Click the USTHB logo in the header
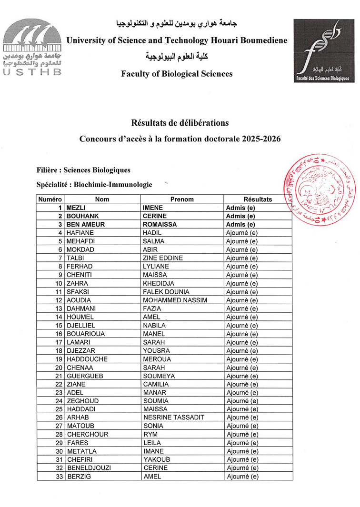32,47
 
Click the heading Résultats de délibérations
180,123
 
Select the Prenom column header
182,199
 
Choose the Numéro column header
50,199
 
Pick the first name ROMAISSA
160,224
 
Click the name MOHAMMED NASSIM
175,300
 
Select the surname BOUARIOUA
86,334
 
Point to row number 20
59,368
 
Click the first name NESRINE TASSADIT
173,418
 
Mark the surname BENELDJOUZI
89,468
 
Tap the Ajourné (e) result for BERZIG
242,477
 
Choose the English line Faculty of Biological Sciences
177,74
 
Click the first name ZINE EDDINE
163,258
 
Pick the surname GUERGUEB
84,376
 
